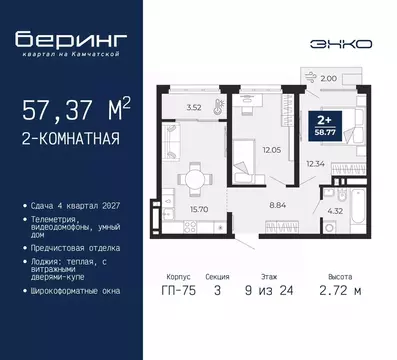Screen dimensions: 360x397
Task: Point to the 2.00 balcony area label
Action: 329,75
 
